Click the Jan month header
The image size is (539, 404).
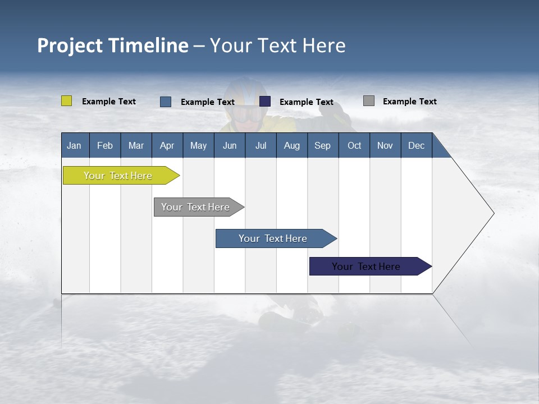74,145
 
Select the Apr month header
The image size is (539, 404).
167,145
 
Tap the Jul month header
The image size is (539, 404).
261,145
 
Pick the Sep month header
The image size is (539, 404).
322,145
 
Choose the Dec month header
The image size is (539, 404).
416,145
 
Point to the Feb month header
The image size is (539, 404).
105,145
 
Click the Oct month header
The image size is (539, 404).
354,145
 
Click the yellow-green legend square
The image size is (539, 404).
66,101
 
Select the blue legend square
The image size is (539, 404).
166,102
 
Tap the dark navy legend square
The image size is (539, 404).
265,102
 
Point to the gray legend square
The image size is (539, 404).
369,101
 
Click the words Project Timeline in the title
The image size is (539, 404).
112,45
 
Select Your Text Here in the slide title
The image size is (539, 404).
277,45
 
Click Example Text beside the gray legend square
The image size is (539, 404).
409,102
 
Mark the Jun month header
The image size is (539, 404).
229,145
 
